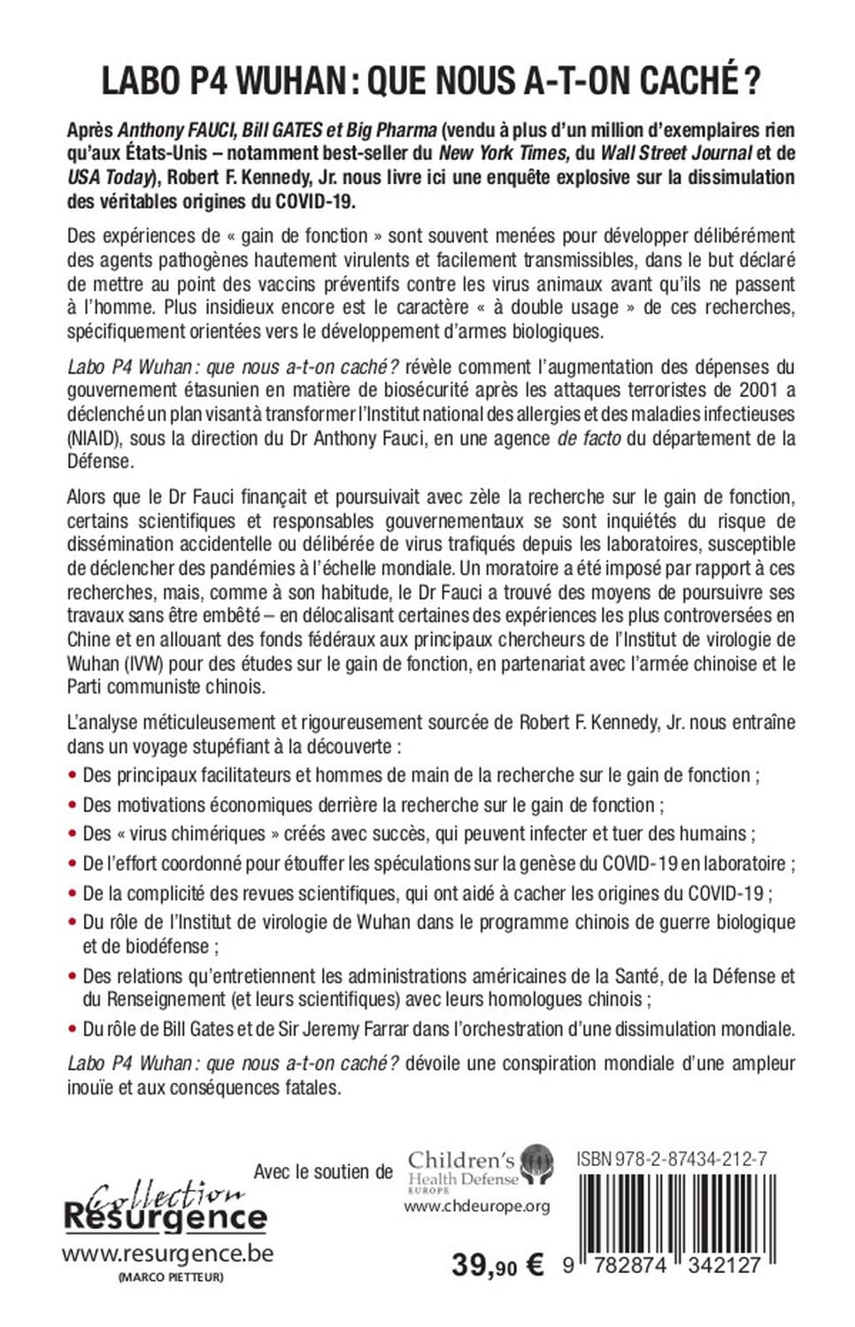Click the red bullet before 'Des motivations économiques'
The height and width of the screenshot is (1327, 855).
73,806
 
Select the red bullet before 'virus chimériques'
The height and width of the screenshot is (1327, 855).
73,834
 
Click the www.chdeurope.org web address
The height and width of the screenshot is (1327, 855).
477,1206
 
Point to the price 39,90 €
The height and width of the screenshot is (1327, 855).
497,1266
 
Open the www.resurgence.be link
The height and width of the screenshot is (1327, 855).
167,1254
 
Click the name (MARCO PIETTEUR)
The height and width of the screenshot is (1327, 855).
167,1277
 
